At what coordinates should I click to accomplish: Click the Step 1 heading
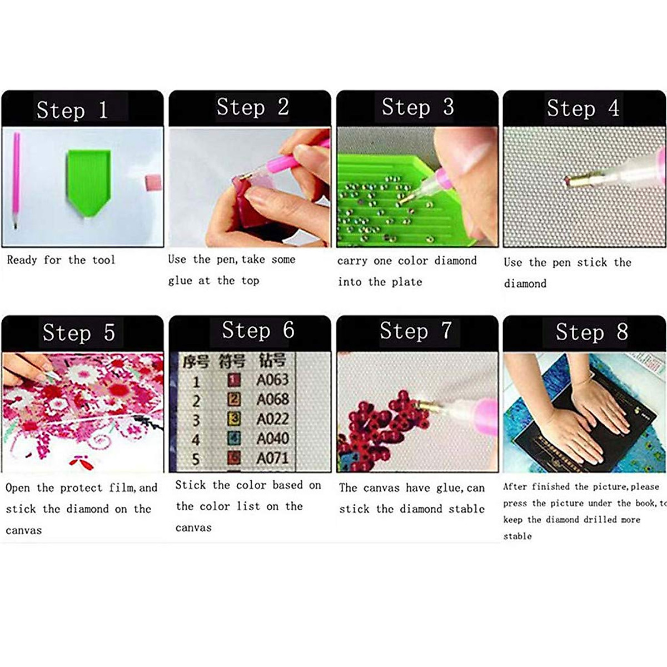point(72,110)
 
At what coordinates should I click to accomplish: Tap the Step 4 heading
point(583,108)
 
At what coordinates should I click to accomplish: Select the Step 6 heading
point(258,331)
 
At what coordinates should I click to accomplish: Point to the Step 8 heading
point(591,332)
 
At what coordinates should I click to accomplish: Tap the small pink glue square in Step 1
point(153,182)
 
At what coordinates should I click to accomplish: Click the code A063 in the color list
point(272,380)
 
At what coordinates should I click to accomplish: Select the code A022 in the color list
point(272,419)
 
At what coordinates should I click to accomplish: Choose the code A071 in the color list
point(272,459)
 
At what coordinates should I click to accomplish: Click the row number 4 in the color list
point(196,440)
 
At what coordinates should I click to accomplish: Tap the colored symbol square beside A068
point(235,399)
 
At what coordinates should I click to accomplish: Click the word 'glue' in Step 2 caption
point(180,281)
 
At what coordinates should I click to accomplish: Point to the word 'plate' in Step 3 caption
point(407,282)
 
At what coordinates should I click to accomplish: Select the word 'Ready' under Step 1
point(22,260)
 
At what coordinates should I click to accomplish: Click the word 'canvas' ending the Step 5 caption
point(24,530)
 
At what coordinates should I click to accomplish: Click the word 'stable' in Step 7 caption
point(466,509)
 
